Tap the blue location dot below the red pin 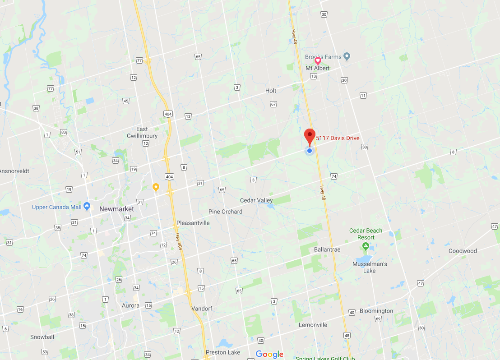310,151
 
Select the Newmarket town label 116,209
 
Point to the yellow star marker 156,186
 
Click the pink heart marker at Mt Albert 318,60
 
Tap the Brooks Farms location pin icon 347,56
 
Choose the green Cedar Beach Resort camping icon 366,246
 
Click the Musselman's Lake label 370,267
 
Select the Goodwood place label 463,251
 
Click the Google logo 269,354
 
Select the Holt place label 271,91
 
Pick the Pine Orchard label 225,212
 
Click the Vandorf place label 201,309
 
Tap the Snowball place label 42,337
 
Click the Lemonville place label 313,325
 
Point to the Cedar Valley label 256,200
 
